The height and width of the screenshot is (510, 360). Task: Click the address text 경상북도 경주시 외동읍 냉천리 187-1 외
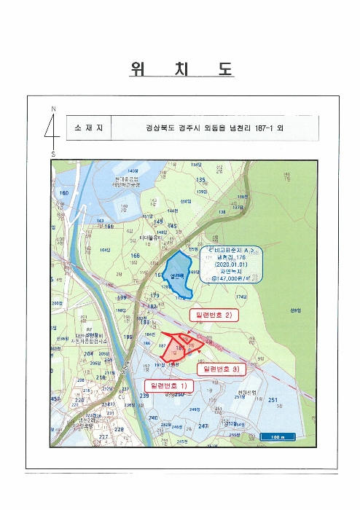point(206,127)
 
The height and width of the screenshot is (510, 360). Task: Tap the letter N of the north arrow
point(53,109)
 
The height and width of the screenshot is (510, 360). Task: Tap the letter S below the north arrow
point(53,154)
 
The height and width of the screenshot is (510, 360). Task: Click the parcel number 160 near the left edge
point(63,193)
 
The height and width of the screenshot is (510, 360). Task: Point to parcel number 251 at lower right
point(273,401)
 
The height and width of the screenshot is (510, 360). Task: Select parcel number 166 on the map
point(135,256)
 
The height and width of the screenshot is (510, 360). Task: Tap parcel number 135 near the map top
point(200,179)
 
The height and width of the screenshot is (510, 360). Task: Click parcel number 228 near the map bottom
point(119,430)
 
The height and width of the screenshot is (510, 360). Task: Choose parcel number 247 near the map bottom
point(203,425)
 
